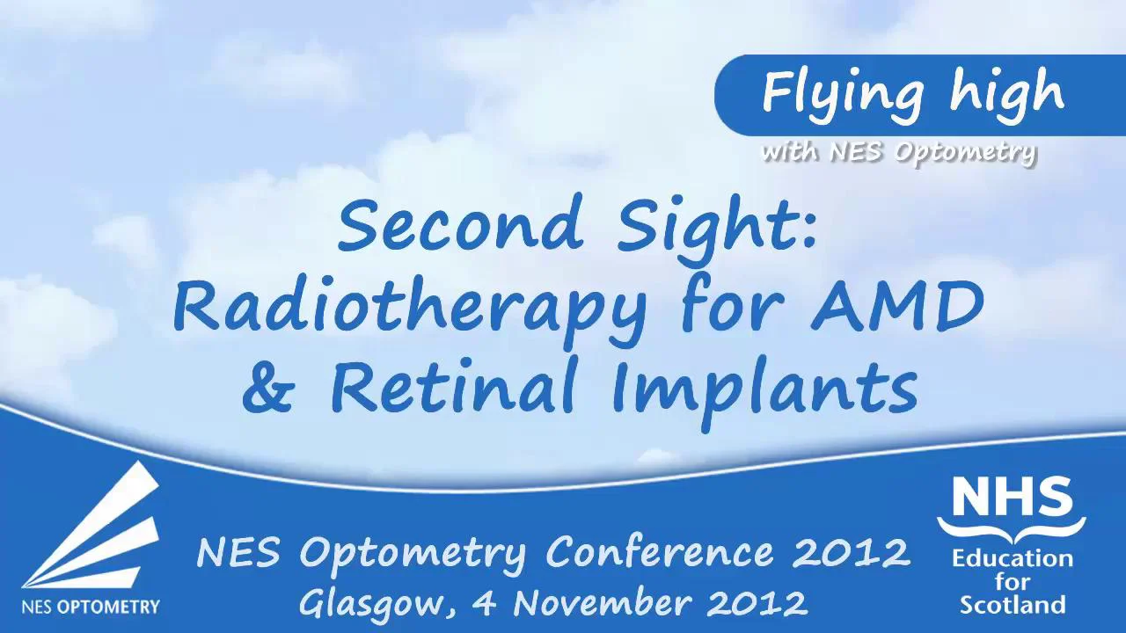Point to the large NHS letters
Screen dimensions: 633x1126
(1012, 499)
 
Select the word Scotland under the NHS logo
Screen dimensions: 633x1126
(1012, 605)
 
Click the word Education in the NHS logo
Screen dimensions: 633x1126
(1012, 559)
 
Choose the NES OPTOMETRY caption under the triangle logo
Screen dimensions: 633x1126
(91, 606)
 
